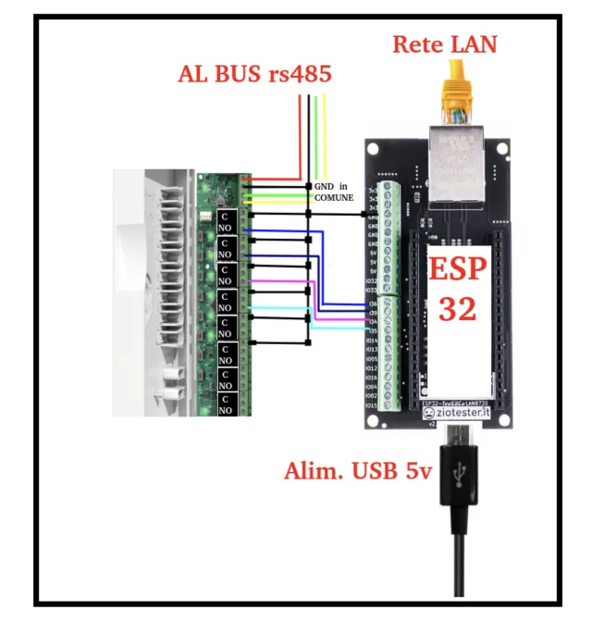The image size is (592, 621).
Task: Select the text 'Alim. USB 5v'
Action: (357, 471)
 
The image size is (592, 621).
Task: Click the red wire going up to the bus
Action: (300, 130)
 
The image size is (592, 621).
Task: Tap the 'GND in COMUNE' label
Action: (334, 192)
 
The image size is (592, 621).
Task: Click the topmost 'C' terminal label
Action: (226, 216)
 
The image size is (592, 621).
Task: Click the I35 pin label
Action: (371, 330)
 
